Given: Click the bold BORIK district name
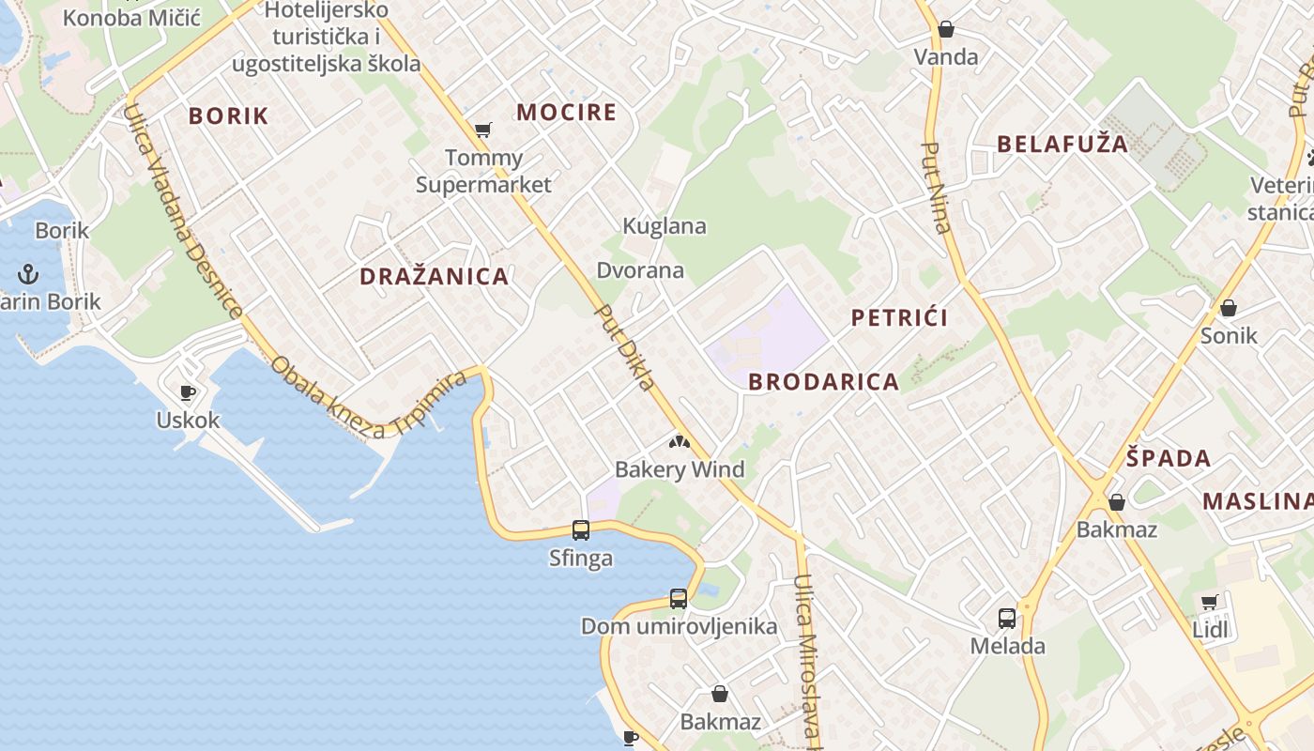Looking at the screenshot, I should [x=228, y=116].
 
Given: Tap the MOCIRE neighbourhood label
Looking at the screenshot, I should [x=567, y=113].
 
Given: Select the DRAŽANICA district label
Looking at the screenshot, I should [x=435, y=277].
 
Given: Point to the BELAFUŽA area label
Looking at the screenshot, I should [x=1062, y=145].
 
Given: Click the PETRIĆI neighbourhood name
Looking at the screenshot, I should [x=899, y=318].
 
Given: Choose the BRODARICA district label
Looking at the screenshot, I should [x=824, y=382].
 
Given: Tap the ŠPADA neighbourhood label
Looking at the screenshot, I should [x=1169, y=459].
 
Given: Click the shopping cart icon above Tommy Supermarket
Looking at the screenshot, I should [x=482, y=130].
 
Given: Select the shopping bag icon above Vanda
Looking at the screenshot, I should [x=946, y=29].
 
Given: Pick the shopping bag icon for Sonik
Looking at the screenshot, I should [x=1228, y=307].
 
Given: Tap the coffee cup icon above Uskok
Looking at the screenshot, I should [x=188, y=392].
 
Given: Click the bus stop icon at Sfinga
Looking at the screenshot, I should [x=581, y=530].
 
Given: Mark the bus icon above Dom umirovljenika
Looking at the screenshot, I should [x=679, y=598].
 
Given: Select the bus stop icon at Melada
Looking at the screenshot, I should [x=1007, y=618].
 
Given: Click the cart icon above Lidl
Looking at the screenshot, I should [x=1209, y=602].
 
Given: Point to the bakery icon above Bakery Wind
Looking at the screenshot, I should [x=679, y=441].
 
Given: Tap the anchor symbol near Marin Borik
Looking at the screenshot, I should [x=29, y=274].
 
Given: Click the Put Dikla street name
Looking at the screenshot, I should [x=625, y=347].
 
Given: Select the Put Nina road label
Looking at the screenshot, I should [x=937, y=188].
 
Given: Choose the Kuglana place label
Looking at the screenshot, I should [x=665, y=226].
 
